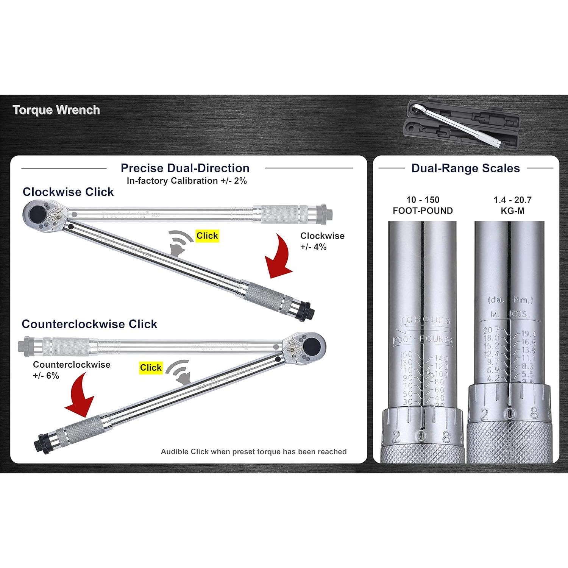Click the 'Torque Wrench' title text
pyautogui.click(x=56, y=110)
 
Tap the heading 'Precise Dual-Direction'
pyautogui.click(x=185, y=168)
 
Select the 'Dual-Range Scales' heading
pyautogui.click(x=465, y=168)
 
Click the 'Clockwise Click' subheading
pyautogui.click(x=68, y=192)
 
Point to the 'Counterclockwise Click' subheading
pyautogui.click(x=89, y=324)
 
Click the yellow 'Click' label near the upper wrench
pyautogui.click(x=207, y=236)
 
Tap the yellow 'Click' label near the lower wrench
pyautogui.click(x=151, y=368)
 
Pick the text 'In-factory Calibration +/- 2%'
pyautogui.click(x=187, y=181)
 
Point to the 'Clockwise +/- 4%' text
pyautogui.click(x=322, y=241)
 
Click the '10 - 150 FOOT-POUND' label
pyautogui.click(x=423, y=205)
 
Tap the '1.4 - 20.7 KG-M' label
pyautogui.click(x=512, y=205)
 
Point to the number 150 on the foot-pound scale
pyautogui.click(x=407, y=355)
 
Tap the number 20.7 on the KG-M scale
pyautogui.click(x=491, y=330)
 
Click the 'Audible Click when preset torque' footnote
pyautogui.click(x=253, y=451)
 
